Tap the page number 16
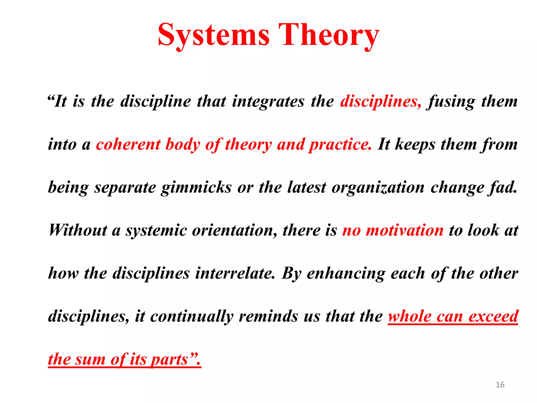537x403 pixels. point(500,385)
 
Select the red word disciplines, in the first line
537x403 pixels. point(380,101)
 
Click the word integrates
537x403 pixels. point(268,101)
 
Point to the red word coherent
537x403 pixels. point(128,144)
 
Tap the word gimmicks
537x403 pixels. point(196,187)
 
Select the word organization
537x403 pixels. point(378,187)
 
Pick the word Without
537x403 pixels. point(78,230)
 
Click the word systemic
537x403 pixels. point(156,230)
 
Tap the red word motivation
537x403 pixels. point(405,230)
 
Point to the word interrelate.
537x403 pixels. point(235,273)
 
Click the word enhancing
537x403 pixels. point(346,273)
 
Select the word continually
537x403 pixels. point(192,316)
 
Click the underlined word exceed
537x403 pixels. point(493,316)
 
